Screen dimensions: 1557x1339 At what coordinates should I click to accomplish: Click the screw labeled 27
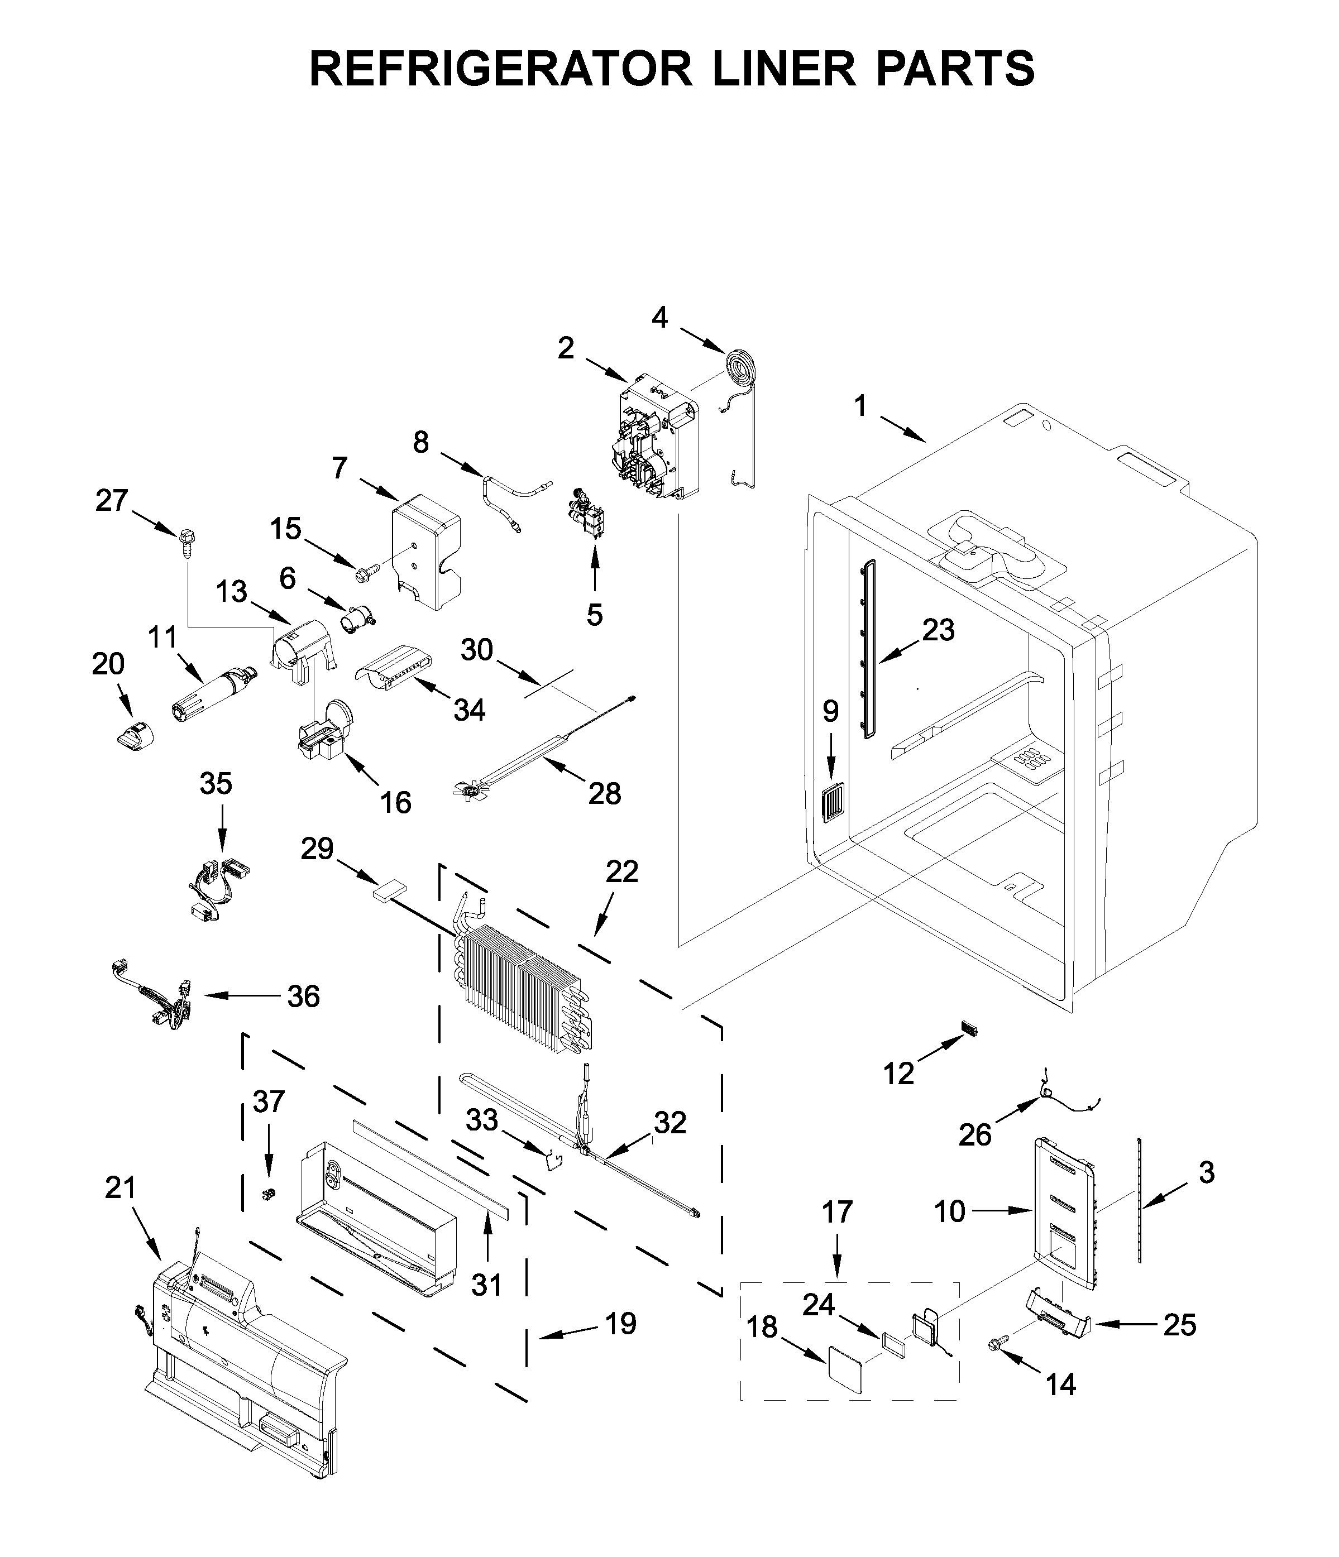coord(184,541)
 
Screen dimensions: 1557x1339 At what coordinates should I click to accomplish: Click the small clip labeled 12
coord(968,1028)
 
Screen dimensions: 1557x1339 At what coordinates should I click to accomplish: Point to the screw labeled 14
coord(998,1344)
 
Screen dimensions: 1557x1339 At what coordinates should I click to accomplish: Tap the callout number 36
coord(304,997)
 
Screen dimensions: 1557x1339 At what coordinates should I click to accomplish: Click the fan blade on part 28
coord(471,790)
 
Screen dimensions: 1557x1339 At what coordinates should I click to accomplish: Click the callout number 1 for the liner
coord(860,406)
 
